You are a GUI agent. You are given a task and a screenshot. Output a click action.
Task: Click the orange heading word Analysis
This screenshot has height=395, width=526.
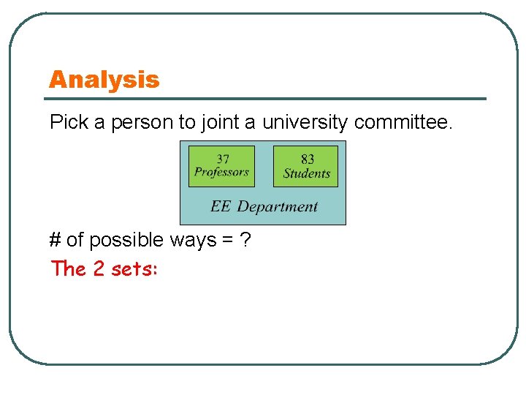click(x=104, y=80)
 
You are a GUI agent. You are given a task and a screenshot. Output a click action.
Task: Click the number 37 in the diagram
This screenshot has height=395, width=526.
click(x=221, y=159)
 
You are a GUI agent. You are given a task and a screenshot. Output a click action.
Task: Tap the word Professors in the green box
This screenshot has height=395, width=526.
click(x=221, y=173)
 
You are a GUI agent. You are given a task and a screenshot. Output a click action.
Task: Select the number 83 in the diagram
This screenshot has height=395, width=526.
click(x=308, y=159)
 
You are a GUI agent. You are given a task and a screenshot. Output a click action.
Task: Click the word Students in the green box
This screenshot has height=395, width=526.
click(x=307, y=173)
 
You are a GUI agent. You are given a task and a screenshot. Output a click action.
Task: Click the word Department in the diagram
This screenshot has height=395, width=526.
click(x=278, y=207)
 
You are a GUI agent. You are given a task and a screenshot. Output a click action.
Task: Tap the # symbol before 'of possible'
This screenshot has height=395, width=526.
click(x=55, y=240)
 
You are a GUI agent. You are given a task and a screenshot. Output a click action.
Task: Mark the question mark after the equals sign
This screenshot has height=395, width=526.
click(x=245, y=240)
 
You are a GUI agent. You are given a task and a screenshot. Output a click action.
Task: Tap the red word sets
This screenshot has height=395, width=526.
click(x=136, y=269)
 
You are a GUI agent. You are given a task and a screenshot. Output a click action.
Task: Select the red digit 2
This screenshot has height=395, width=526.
click(x=99, y=269)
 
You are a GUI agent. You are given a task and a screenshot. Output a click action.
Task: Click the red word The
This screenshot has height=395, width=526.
click(x=69, y=269)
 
